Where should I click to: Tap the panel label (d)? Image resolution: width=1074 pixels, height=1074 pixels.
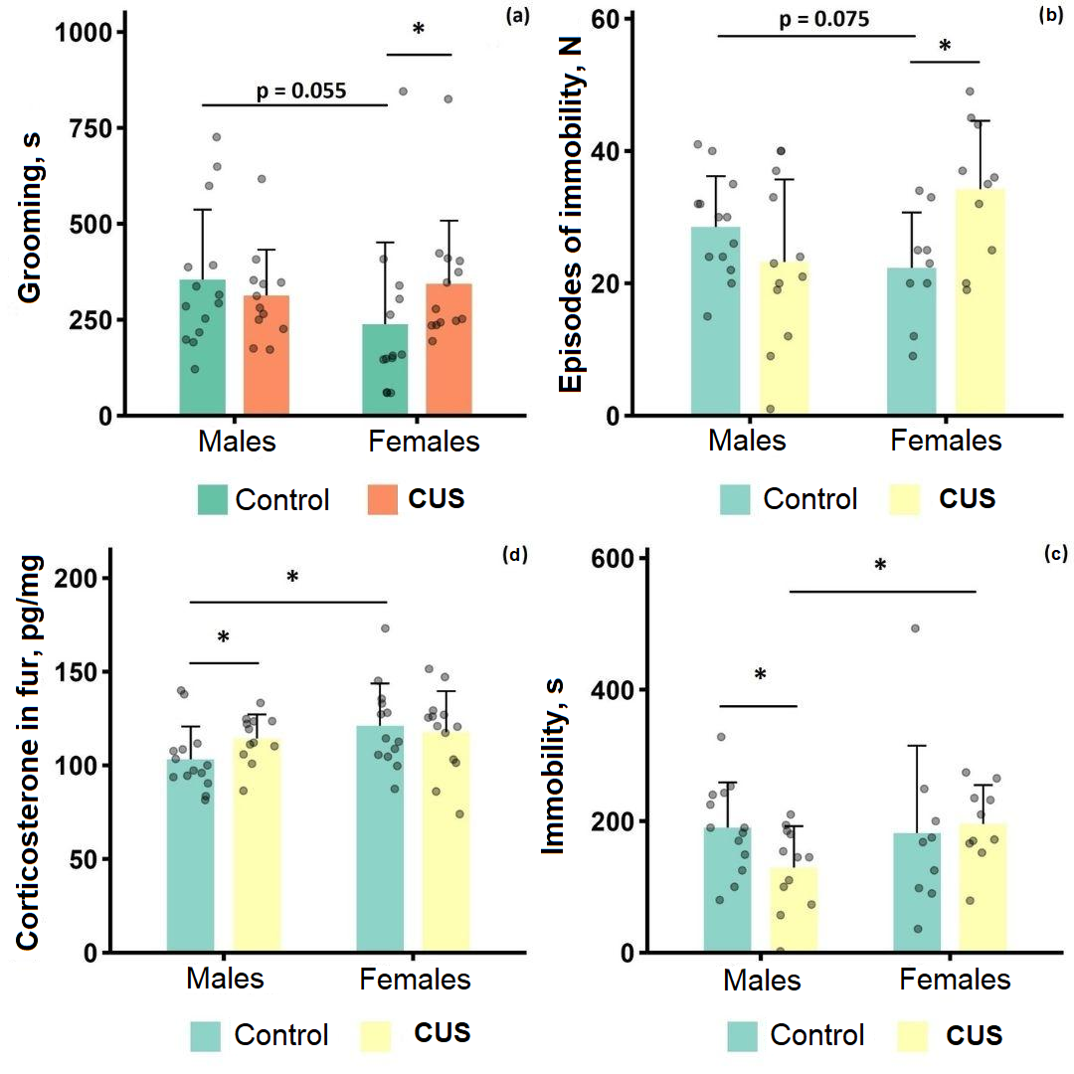tap(518, 556)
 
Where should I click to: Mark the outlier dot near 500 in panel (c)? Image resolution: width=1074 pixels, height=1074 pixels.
tap(915, 628)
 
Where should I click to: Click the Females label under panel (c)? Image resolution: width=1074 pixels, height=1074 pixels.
tap(955, 981)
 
